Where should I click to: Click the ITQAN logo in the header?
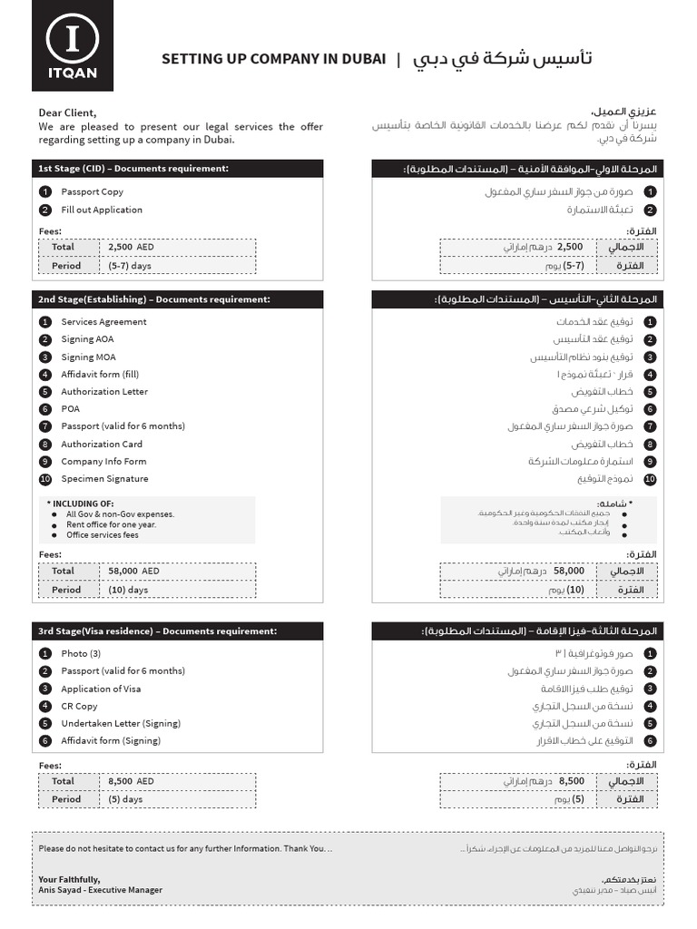[x=73, y=47]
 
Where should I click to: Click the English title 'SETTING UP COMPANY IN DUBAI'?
[x=273, y=59]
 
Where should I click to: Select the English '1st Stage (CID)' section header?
[x=133, y=169]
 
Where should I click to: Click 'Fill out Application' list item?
[x=102, y=210]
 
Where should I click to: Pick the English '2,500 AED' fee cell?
[x=132, y=247]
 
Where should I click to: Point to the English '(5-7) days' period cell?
[x=131, y=266]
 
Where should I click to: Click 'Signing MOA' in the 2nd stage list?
[x=88, y=357]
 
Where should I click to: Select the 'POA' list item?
[x=71, y=409]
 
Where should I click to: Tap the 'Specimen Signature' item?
[x=104, y=479]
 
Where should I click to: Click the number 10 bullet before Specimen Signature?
[x=45, y=479]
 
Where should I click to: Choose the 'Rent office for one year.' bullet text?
[x=111, y=524]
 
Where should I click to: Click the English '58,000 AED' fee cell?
[x=133, y=572]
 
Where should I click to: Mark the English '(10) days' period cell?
[x=128, y=590]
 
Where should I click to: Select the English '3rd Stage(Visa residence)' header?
[x=157, y=631]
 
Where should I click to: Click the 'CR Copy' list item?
[x=79, y=706]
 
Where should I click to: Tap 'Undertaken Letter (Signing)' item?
[x=121, y=723]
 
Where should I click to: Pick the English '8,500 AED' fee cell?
[x=132, y=781]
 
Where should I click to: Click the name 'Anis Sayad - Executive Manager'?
[x=100, y=890]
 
